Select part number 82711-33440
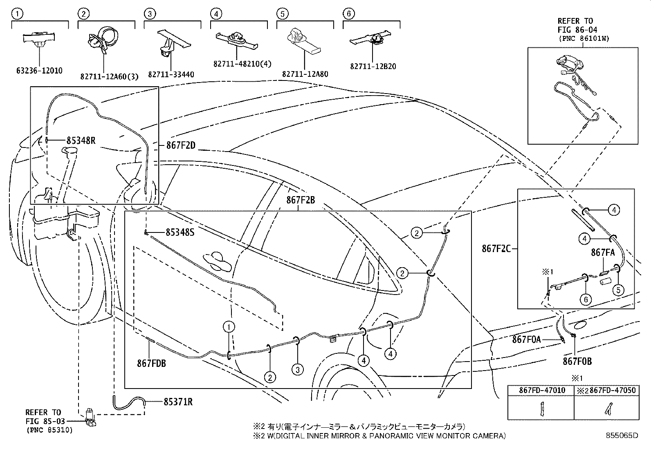click(x=171, y=74)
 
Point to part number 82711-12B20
click(x=373, y=67)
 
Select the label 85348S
click(x=180, y=232)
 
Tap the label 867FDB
click(x=151, y=362)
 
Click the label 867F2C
click(x=496, y=248)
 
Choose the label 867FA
click(x=603, y=253)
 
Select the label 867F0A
click(x=526, y=339)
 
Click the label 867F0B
click(x=577, y=361)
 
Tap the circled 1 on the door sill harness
click(x=229, y=326)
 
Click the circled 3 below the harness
click(x=298, y=370)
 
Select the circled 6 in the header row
click(x=348, y=14)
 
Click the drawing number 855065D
click(x=622, y=436)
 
